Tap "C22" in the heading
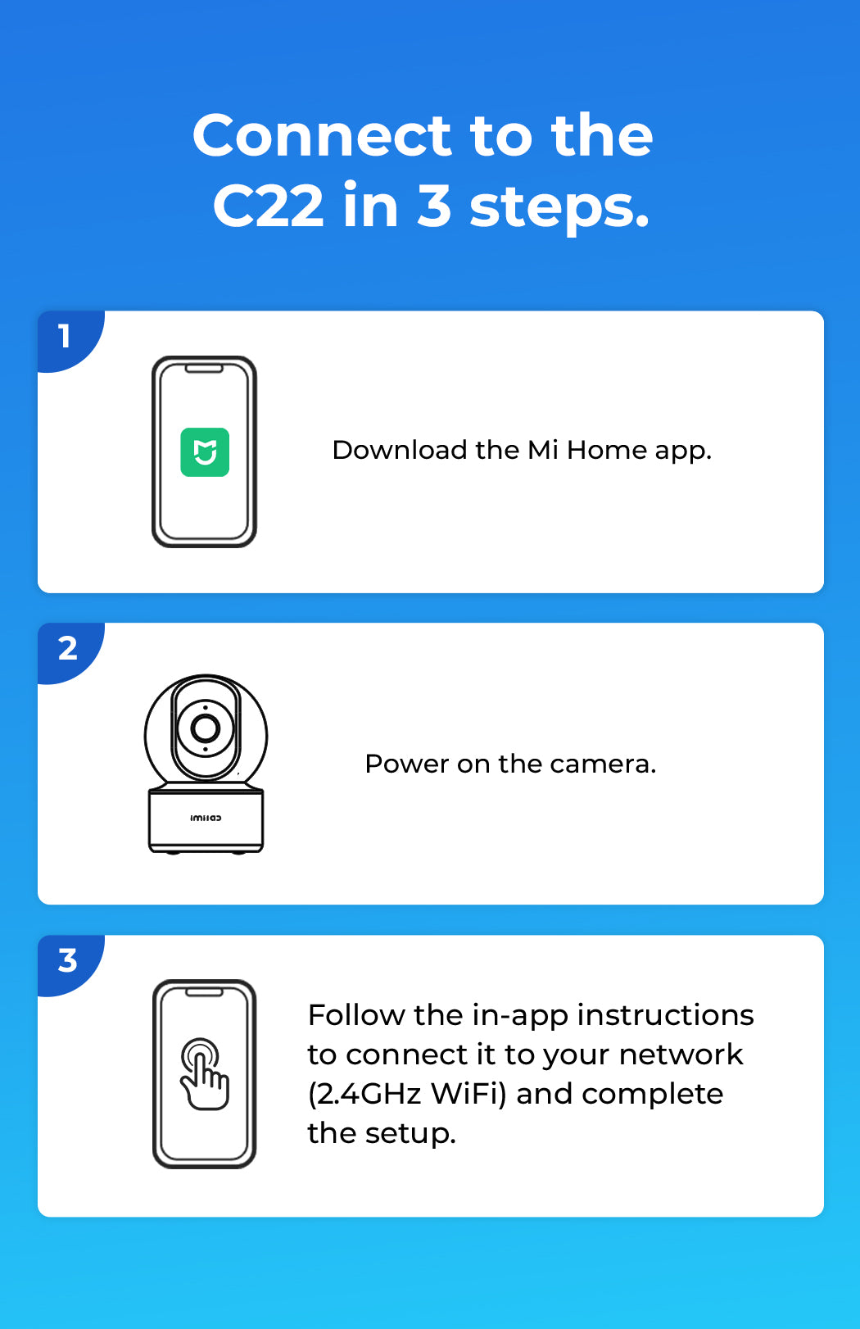(x=268, y=206)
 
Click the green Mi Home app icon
(x=205, y=452)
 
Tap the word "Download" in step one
(x=400, y=451)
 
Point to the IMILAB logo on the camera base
(x=206, y=819)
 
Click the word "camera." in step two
(x=603, y=764)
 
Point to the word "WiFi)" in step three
(x=468, y=1094)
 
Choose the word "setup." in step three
(x=410, y=1134)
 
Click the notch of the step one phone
(x=204, y=369)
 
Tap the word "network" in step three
(x=681, y=1055)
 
